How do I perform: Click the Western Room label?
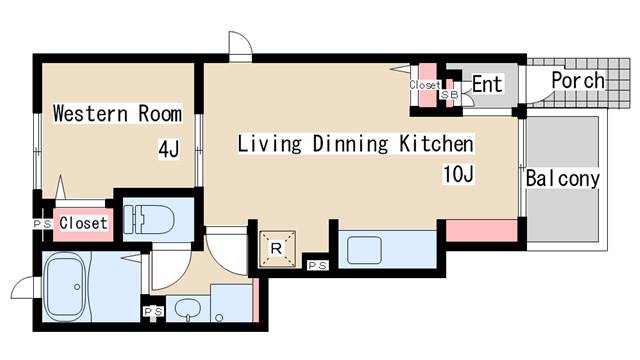point(118,113)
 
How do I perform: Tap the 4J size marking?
point(169,149)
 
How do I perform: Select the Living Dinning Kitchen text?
point(356,144)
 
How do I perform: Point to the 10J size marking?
point(458,174)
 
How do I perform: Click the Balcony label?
point(562,179)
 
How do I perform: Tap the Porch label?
point(578,80)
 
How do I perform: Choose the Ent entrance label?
point(487,84)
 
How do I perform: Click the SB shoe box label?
point(449,95)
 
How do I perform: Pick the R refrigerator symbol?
point(277,249)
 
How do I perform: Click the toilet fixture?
point(149,220)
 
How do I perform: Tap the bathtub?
point(65,287)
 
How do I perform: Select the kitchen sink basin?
point(364,251)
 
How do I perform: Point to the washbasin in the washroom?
point(188,309)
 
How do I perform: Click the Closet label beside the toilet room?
point(83,223)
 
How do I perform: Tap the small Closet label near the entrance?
point(425,85)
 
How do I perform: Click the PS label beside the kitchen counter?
point(317,266)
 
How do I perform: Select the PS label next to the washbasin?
point(153,312)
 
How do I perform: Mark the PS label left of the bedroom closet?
point(42,224)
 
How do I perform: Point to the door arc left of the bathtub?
point(24,287)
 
